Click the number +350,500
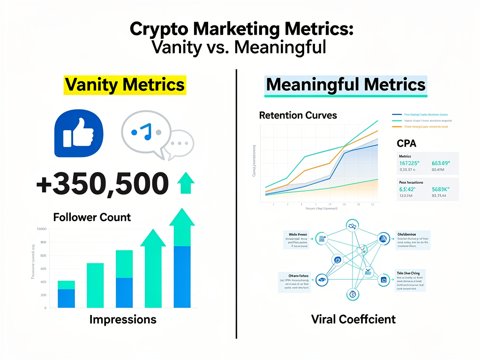coord(102,184)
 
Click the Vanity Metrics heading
coord(125,85)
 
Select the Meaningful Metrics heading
coord(345,85)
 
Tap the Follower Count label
coord(92,217)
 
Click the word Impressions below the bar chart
coord(123,320)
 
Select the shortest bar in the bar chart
coord(66,294)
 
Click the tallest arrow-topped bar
coord(182,262)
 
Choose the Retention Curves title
coord(298,115)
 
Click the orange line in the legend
coord(397,127)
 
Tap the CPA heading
coord(406,142)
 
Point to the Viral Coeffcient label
coord(353,320)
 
